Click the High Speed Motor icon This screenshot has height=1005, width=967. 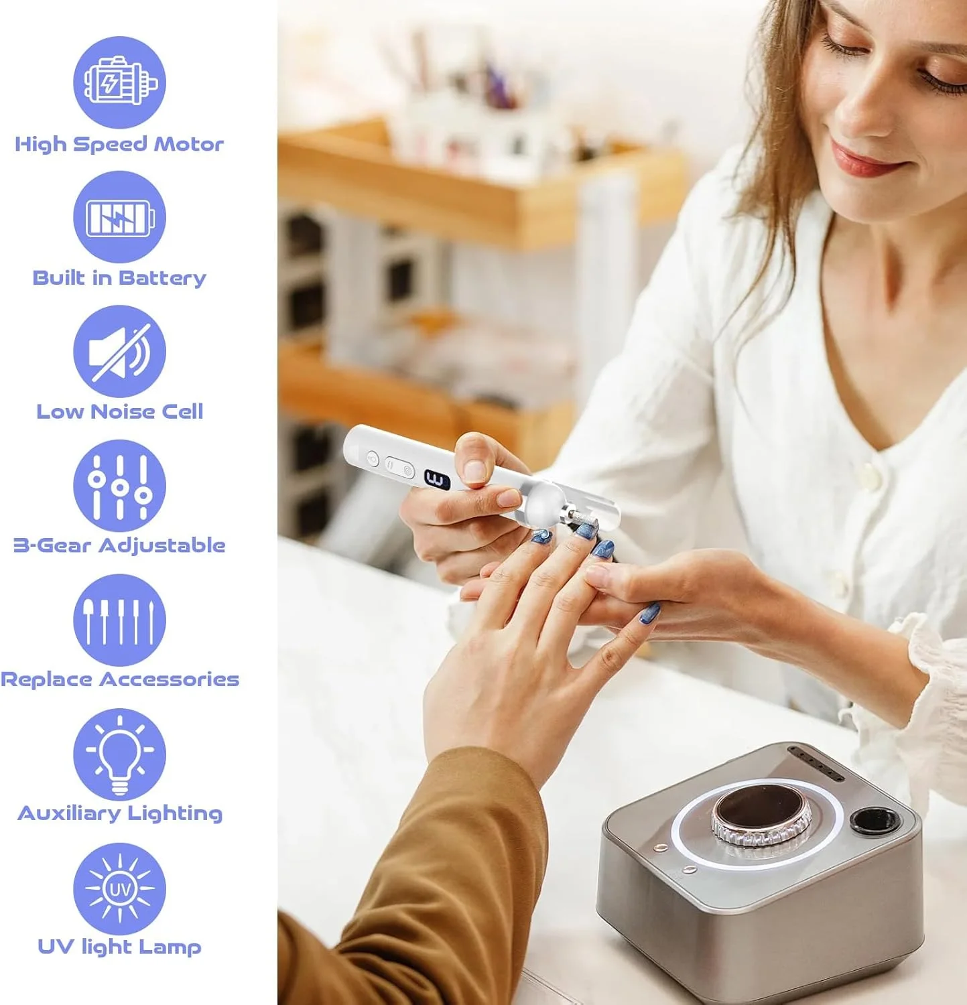(x=119, y=82)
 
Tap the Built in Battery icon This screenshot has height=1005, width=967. (x=119, y=217)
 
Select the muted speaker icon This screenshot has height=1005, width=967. (x=119, y=351)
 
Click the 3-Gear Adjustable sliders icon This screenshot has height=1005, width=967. (x=119, y=486)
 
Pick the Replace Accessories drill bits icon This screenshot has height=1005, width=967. (x=119, y=620)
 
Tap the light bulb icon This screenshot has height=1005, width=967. (x=119, y=754)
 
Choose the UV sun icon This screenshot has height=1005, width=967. (x=119, y=889)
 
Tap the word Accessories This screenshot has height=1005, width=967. (x=169, y=679)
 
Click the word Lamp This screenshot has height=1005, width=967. (x=170, y=947)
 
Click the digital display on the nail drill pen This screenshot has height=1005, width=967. (x=437, y=480)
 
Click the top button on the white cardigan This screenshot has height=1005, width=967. (x=869, y=476)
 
